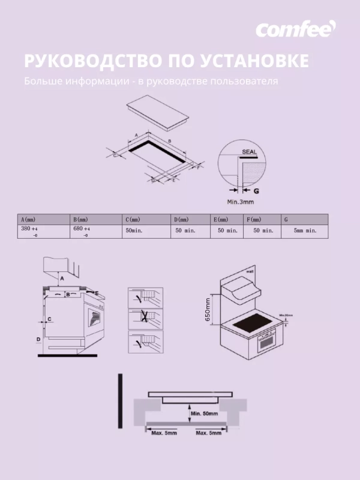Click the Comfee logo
[x=296, y=29]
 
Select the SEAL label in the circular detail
[x=250, y=152]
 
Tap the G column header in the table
[x=286, y=220]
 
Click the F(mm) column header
[x=254, y=220]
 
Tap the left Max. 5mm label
[x=164, y=433]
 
